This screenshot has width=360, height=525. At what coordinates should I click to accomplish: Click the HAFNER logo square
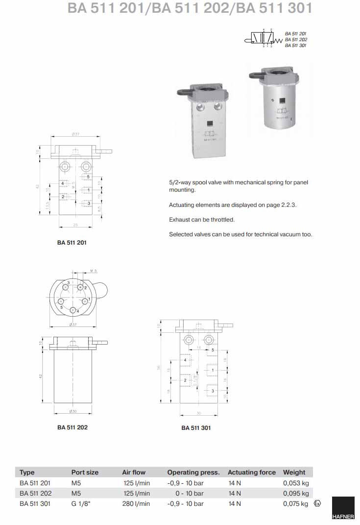click(343, 510)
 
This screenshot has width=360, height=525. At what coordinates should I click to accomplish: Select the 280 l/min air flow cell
click(136, 503)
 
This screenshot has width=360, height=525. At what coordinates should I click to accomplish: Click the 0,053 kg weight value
click(296, 483)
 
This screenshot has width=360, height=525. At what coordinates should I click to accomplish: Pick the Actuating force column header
click(252, 473)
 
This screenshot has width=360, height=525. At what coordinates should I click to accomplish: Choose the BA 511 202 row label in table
click(36, 493)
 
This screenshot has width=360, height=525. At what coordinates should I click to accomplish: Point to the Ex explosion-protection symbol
click(317, 503)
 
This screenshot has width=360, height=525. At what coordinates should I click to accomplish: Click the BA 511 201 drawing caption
click(72, 242)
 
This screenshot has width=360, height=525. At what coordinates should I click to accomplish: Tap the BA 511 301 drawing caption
click(196, 428)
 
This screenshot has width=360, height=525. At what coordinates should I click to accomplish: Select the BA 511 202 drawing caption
click(72, 427)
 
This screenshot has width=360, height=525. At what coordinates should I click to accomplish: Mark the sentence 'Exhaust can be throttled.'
click(202, 220)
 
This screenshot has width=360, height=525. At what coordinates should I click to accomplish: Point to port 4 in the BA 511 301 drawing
click(185, 360)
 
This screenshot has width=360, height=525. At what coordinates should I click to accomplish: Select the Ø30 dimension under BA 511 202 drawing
click(72, 410)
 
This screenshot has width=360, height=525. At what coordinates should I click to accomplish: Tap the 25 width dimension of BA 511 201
click(75, 225)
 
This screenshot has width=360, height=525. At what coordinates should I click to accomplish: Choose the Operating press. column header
click(193, 473)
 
